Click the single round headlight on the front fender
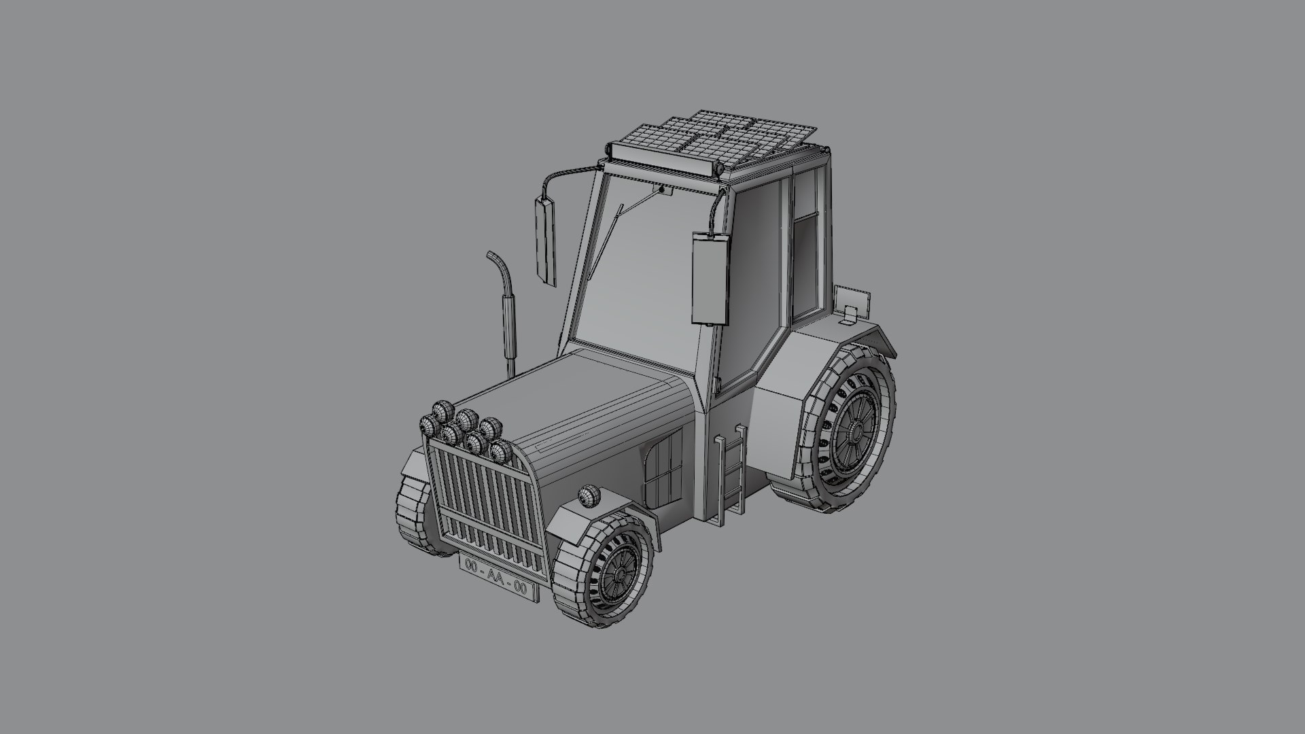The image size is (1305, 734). point(588,496)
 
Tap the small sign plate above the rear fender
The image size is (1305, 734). point(851,302)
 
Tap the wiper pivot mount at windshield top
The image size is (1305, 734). point(661,190)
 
